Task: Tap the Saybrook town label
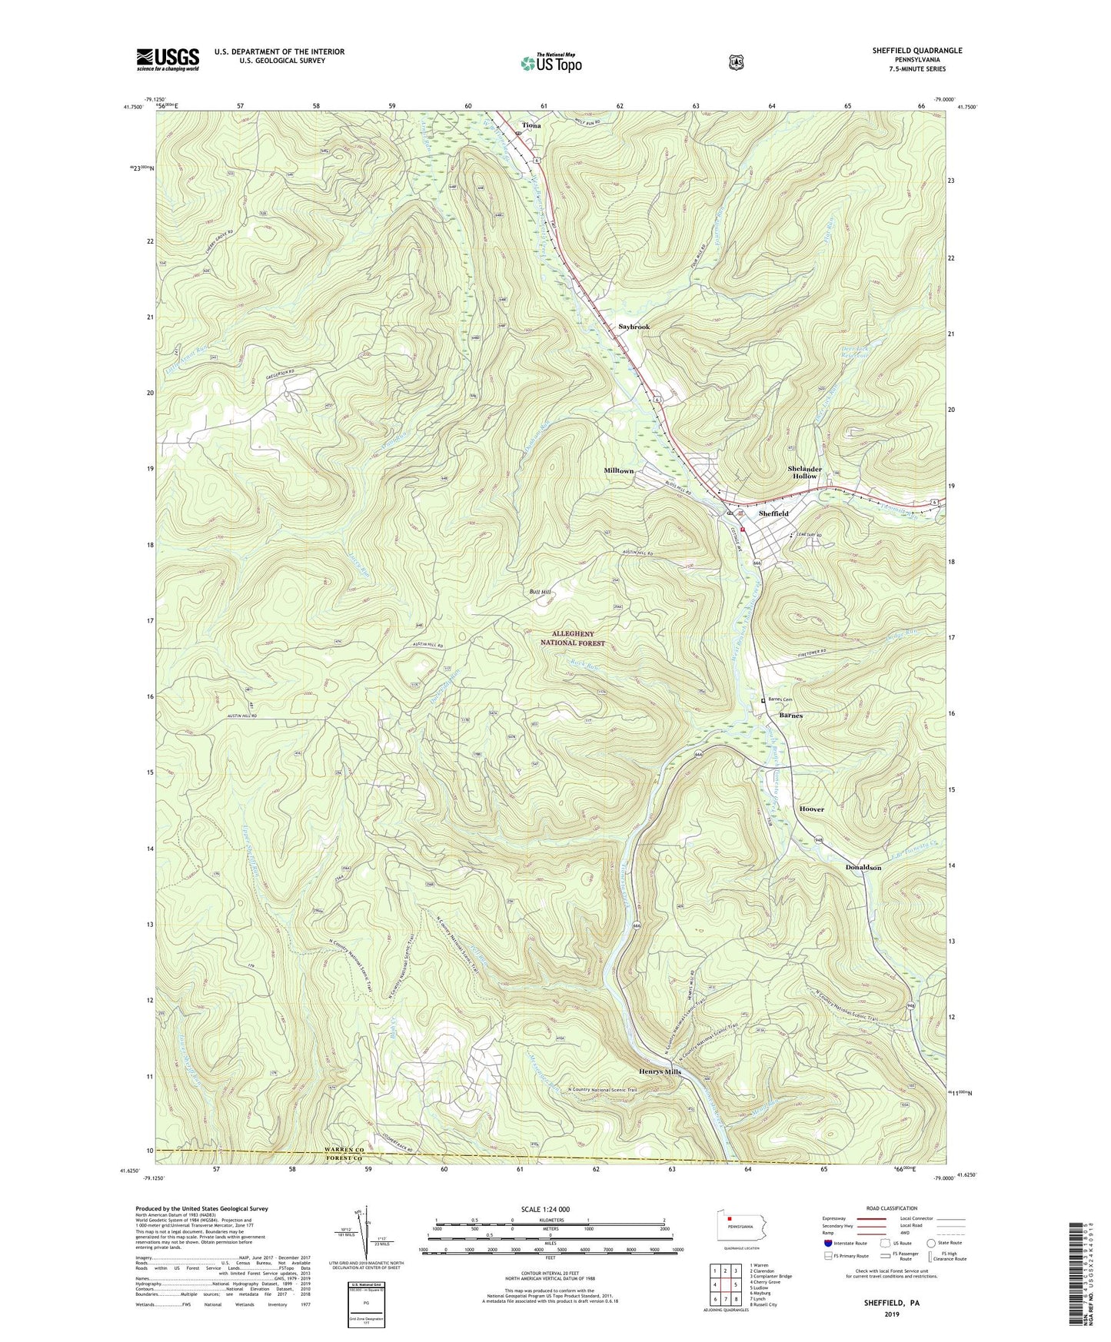634,327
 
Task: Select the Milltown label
619,470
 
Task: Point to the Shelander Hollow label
805,473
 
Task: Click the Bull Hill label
541,592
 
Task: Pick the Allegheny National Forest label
578,638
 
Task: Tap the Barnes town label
791,716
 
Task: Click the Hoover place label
811,809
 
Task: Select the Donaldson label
863,867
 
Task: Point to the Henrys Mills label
660,1071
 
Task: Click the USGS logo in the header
168,59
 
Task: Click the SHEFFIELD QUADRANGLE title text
916,51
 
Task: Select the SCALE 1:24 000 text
545,1209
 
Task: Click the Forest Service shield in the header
736,62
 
